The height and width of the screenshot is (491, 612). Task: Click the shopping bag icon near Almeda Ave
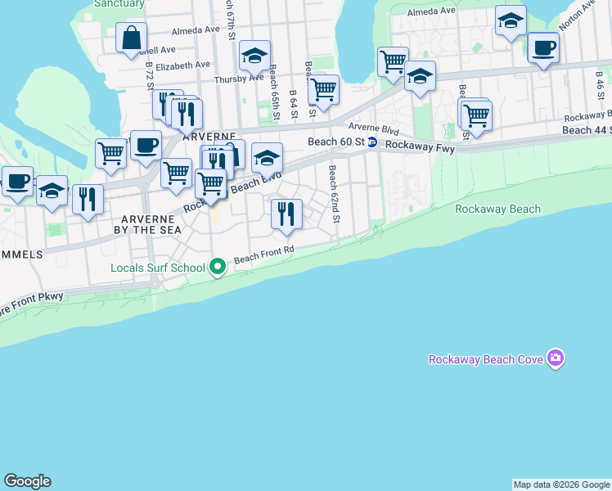[131, 38]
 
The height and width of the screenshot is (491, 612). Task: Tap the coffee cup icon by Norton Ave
[543, 47]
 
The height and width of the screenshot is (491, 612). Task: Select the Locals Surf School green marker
[218, 267]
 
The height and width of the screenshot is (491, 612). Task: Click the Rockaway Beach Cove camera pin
[556, 358]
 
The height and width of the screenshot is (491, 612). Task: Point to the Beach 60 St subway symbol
[371, 142]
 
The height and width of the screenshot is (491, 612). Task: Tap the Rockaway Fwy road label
[420, 145]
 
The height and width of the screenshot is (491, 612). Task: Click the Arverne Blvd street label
[373, 128]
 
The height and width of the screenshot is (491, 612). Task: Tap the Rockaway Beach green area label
[497, 209]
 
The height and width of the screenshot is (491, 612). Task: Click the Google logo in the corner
[27, 481]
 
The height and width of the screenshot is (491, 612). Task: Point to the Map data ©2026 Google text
[561, 484]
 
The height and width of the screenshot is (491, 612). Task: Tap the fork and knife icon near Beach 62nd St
[286, 214]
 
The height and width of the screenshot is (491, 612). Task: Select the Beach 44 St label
[587, 130]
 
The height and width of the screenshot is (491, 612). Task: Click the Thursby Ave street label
[238, 79]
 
